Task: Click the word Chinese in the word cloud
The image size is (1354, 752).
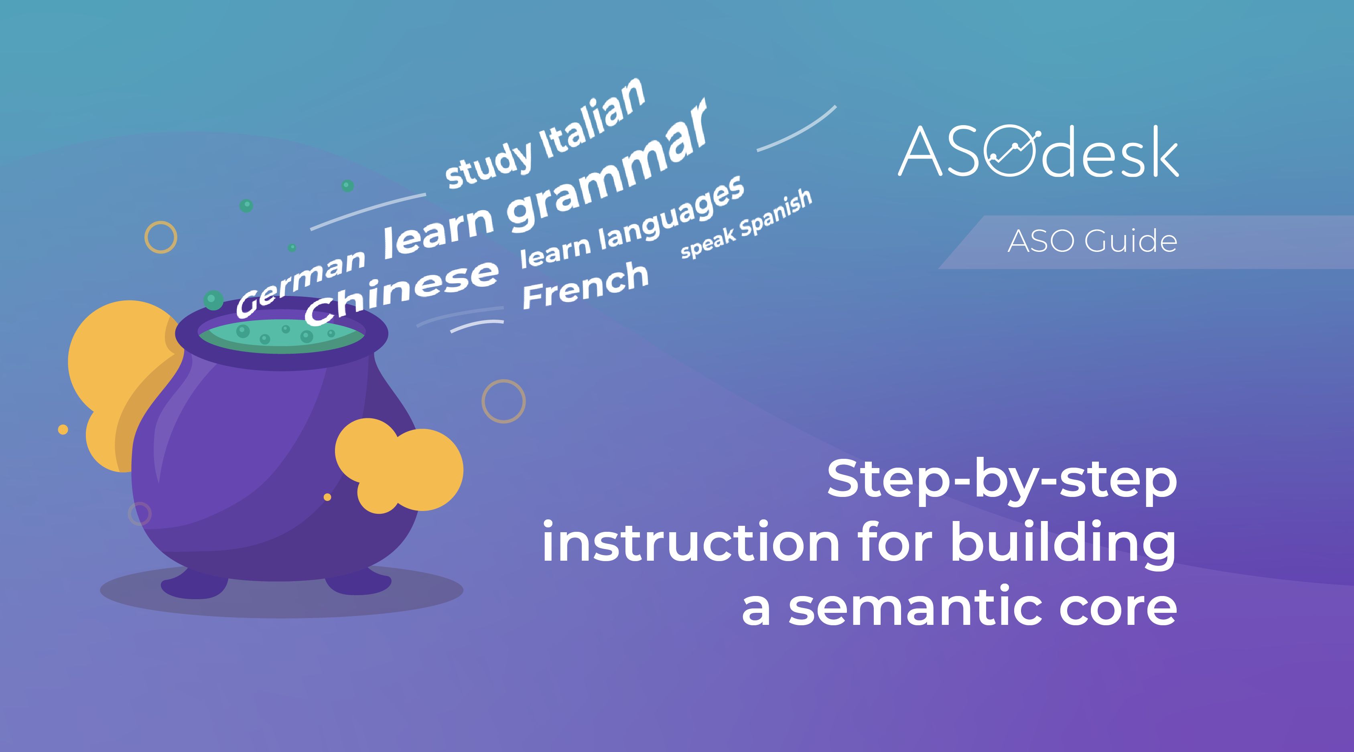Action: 402,292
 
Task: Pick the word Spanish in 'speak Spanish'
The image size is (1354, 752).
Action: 775,213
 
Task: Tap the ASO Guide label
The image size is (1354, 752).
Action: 1092,241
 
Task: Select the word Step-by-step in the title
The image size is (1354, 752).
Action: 1002,480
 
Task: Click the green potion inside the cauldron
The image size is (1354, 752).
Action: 281,336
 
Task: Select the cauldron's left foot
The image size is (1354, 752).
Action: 195,584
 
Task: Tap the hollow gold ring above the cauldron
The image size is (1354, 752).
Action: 161,222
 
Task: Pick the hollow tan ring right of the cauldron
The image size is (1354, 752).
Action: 503,381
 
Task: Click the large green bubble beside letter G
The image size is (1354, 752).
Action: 213,300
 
